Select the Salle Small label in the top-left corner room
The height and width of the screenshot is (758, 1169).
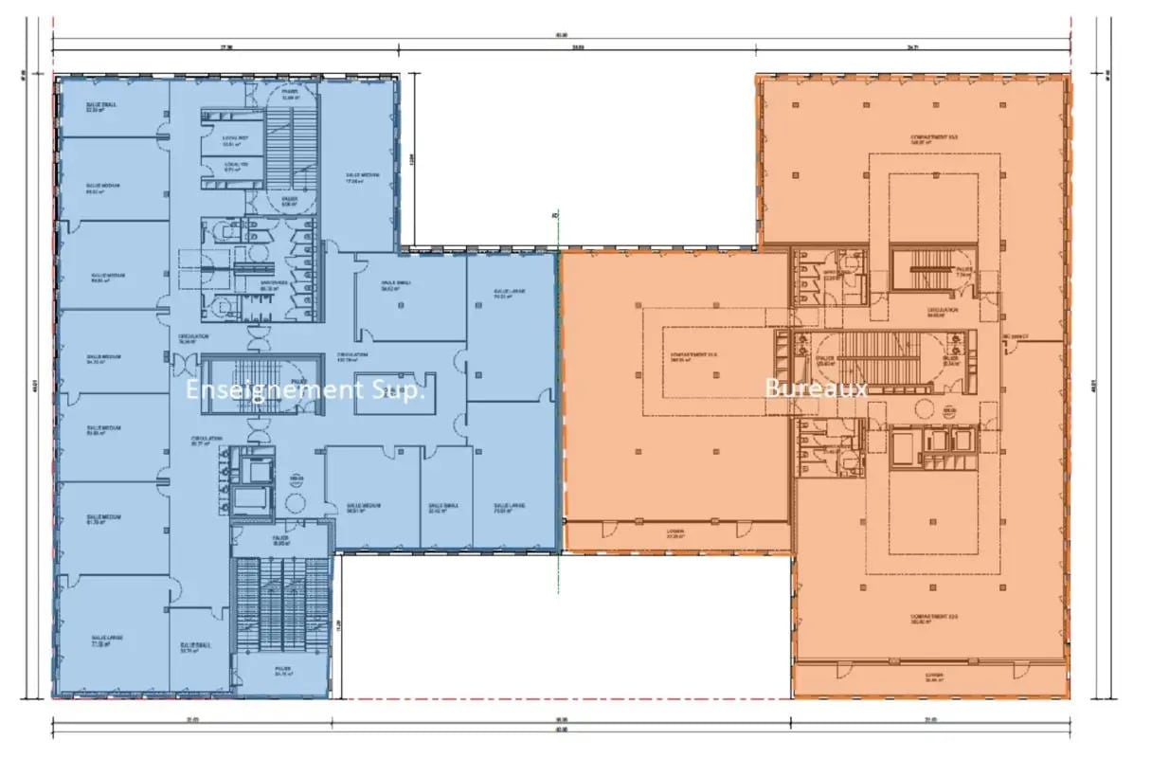(x=100, y=107)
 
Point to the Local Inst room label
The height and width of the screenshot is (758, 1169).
(x=235, y=141)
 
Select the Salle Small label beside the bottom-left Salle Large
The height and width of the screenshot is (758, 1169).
(x=196, y=648)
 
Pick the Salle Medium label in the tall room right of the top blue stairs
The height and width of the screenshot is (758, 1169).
(x=358, y=177)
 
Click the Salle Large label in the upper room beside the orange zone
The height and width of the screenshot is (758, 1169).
(x=509, y=294)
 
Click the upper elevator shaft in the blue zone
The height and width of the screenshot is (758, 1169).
(x=253, y=467)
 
